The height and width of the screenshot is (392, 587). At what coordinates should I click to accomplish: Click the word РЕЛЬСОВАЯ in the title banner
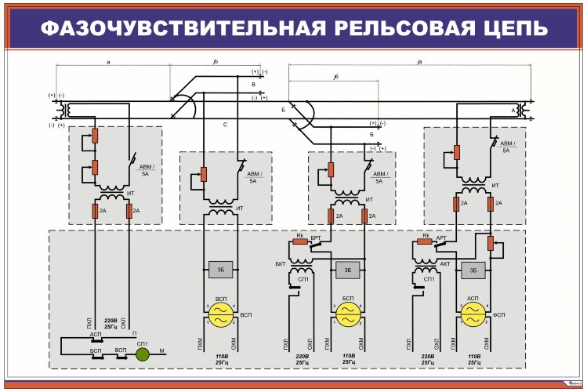[396, 28]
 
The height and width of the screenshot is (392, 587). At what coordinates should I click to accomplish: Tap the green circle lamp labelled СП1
[142, 354]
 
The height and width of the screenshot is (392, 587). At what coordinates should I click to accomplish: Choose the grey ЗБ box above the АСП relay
[472, 270]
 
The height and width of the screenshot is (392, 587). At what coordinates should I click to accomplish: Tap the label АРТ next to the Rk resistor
[440, 236]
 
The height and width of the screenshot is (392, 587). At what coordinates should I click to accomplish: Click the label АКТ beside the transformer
[444, 264]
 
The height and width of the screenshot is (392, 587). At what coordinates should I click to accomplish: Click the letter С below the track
[225, 124]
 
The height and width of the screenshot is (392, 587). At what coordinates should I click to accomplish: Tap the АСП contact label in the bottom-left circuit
[96, 334]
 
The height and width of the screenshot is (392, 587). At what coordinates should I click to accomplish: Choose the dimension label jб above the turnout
[335, 76]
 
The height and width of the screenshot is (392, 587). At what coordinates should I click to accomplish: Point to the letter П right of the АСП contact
[135, 333]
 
